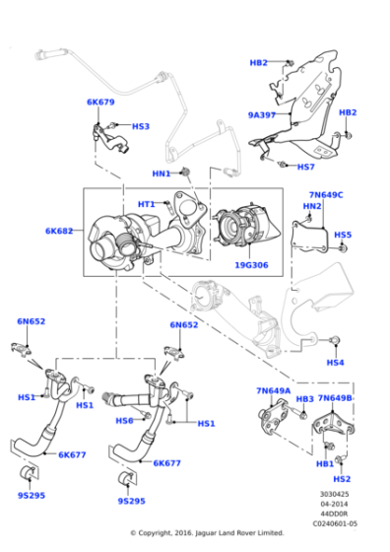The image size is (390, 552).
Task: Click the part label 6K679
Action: (x=100, y=102)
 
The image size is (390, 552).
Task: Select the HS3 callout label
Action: (x=141, y=126)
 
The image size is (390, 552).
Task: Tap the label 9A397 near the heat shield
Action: (x=262, y=114)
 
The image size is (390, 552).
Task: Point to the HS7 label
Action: (x=306, y=167)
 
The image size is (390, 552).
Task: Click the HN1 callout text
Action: (x=162, y=173)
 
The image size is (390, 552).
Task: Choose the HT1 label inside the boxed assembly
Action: (x=147, y=204)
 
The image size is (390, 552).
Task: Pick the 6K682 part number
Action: (x=60, y=231)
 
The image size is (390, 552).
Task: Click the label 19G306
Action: (x=251, y=265)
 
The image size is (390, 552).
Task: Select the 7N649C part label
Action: (x=326, y=195)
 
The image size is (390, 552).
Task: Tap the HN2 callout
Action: (x=312, y=206)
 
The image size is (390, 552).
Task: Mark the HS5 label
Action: (x=342, y=235)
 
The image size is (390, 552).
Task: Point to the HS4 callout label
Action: (x=335, y=362)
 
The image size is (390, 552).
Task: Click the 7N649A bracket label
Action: (x=274, y=390)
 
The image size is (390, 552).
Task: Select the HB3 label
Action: (x=304, y=399)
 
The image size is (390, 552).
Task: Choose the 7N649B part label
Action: (x=336, y=398)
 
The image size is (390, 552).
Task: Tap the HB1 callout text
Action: (x=324, y=463)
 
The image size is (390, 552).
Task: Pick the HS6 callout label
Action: (x=124, y=421)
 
